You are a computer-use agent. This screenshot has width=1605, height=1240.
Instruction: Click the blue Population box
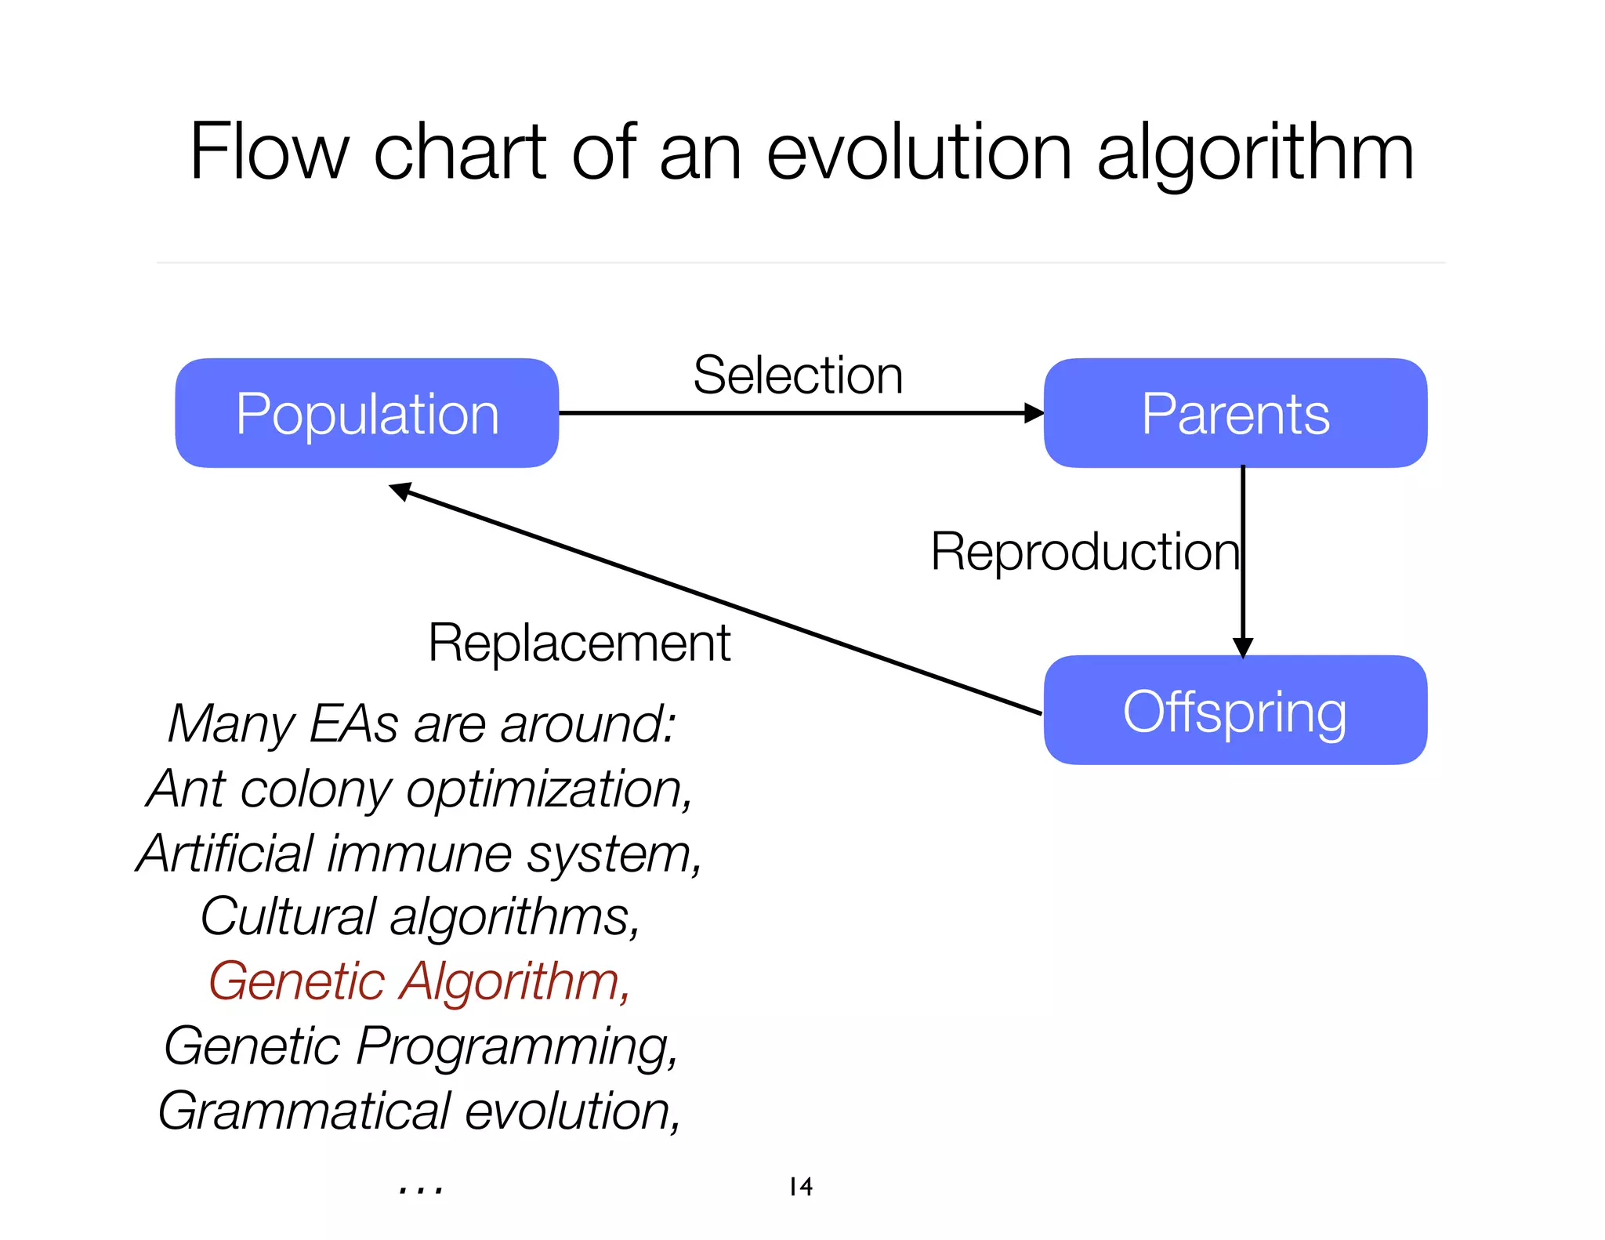click(367, 413)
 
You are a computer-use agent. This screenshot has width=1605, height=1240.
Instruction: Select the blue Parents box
click(1235, 413)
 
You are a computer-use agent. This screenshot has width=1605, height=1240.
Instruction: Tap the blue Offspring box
click(1235, 710)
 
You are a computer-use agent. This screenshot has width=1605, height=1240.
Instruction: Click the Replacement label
click(579, 643)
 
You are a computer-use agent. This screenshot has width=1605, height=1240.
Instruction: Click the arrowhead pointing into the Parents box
click(1034, 413)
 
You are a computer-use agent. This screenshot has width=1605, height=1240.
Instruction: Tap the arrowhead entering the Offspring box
click(1243, 647)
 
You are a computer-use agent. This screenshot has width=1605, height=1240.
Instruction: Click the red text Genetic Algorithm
click(419, 981)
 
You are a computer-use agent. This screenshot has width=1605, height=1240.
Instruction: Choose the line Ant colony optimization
click(419, 789)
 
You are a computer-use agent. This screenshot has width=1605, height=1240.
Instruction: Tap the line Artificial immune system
click(419, 853)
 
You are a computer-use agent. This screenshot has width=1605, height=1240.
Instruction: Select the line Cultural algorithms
click(419, 916)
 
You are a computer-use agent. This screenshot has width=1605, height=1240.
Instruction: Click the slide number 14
click(800, 1186)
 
